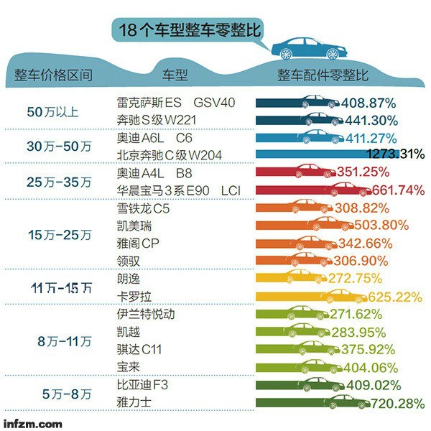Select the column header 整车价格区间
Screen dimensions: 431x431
pos(53,75)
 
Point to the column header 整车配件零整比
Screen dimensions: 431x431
pos(323,75)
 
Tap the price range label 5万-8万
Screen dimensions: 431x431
pos(66,394)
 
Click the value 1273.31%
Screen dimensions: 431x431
pos(395,154)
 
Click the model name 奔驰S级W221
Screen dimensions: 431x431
pos(152,119)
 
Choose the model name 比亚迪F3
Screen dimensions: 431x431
pos(142,385)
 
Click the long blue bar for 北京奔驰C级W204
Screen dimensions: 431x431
pos(309,154)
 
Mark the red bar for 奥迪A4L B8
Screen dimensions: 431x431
pos(295,172)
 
